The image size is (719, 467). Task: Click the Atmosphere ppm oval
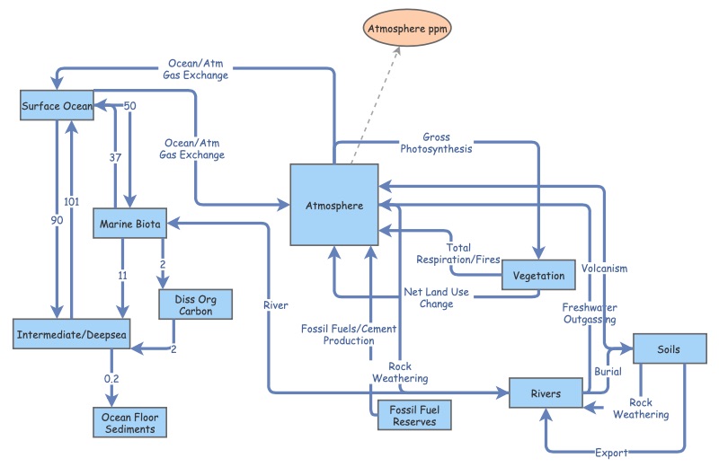(x=407, y=29)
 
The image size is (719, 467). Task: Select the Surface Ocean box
(x=57, y=106)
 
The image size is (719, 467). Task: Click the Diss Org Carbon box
(x=197, y=304)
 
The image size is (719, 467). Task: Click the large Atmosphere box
(x=333, y=205)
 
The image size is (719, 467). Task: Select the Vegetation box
(x=538, y=276)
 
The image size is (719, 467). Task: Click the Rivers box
(x=546, y=393)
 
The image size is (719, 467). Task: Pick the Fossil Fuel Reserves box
(x=408, y=416)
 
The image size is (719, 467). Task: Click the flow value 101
(x=74, y=201)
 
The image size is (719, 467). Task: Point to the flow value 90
(x=57, y=220)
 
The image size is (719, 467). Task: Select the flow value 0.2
(x=111, y=379)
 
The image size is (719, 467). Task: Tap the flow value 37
(x=115, y=158)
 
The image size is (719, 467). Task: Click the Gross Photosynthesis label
(x=436, y=143)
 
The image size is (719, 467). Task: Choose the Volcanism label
(x=604, y=268)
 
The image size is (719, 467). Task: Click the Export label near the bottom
(x=611, y=452)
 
